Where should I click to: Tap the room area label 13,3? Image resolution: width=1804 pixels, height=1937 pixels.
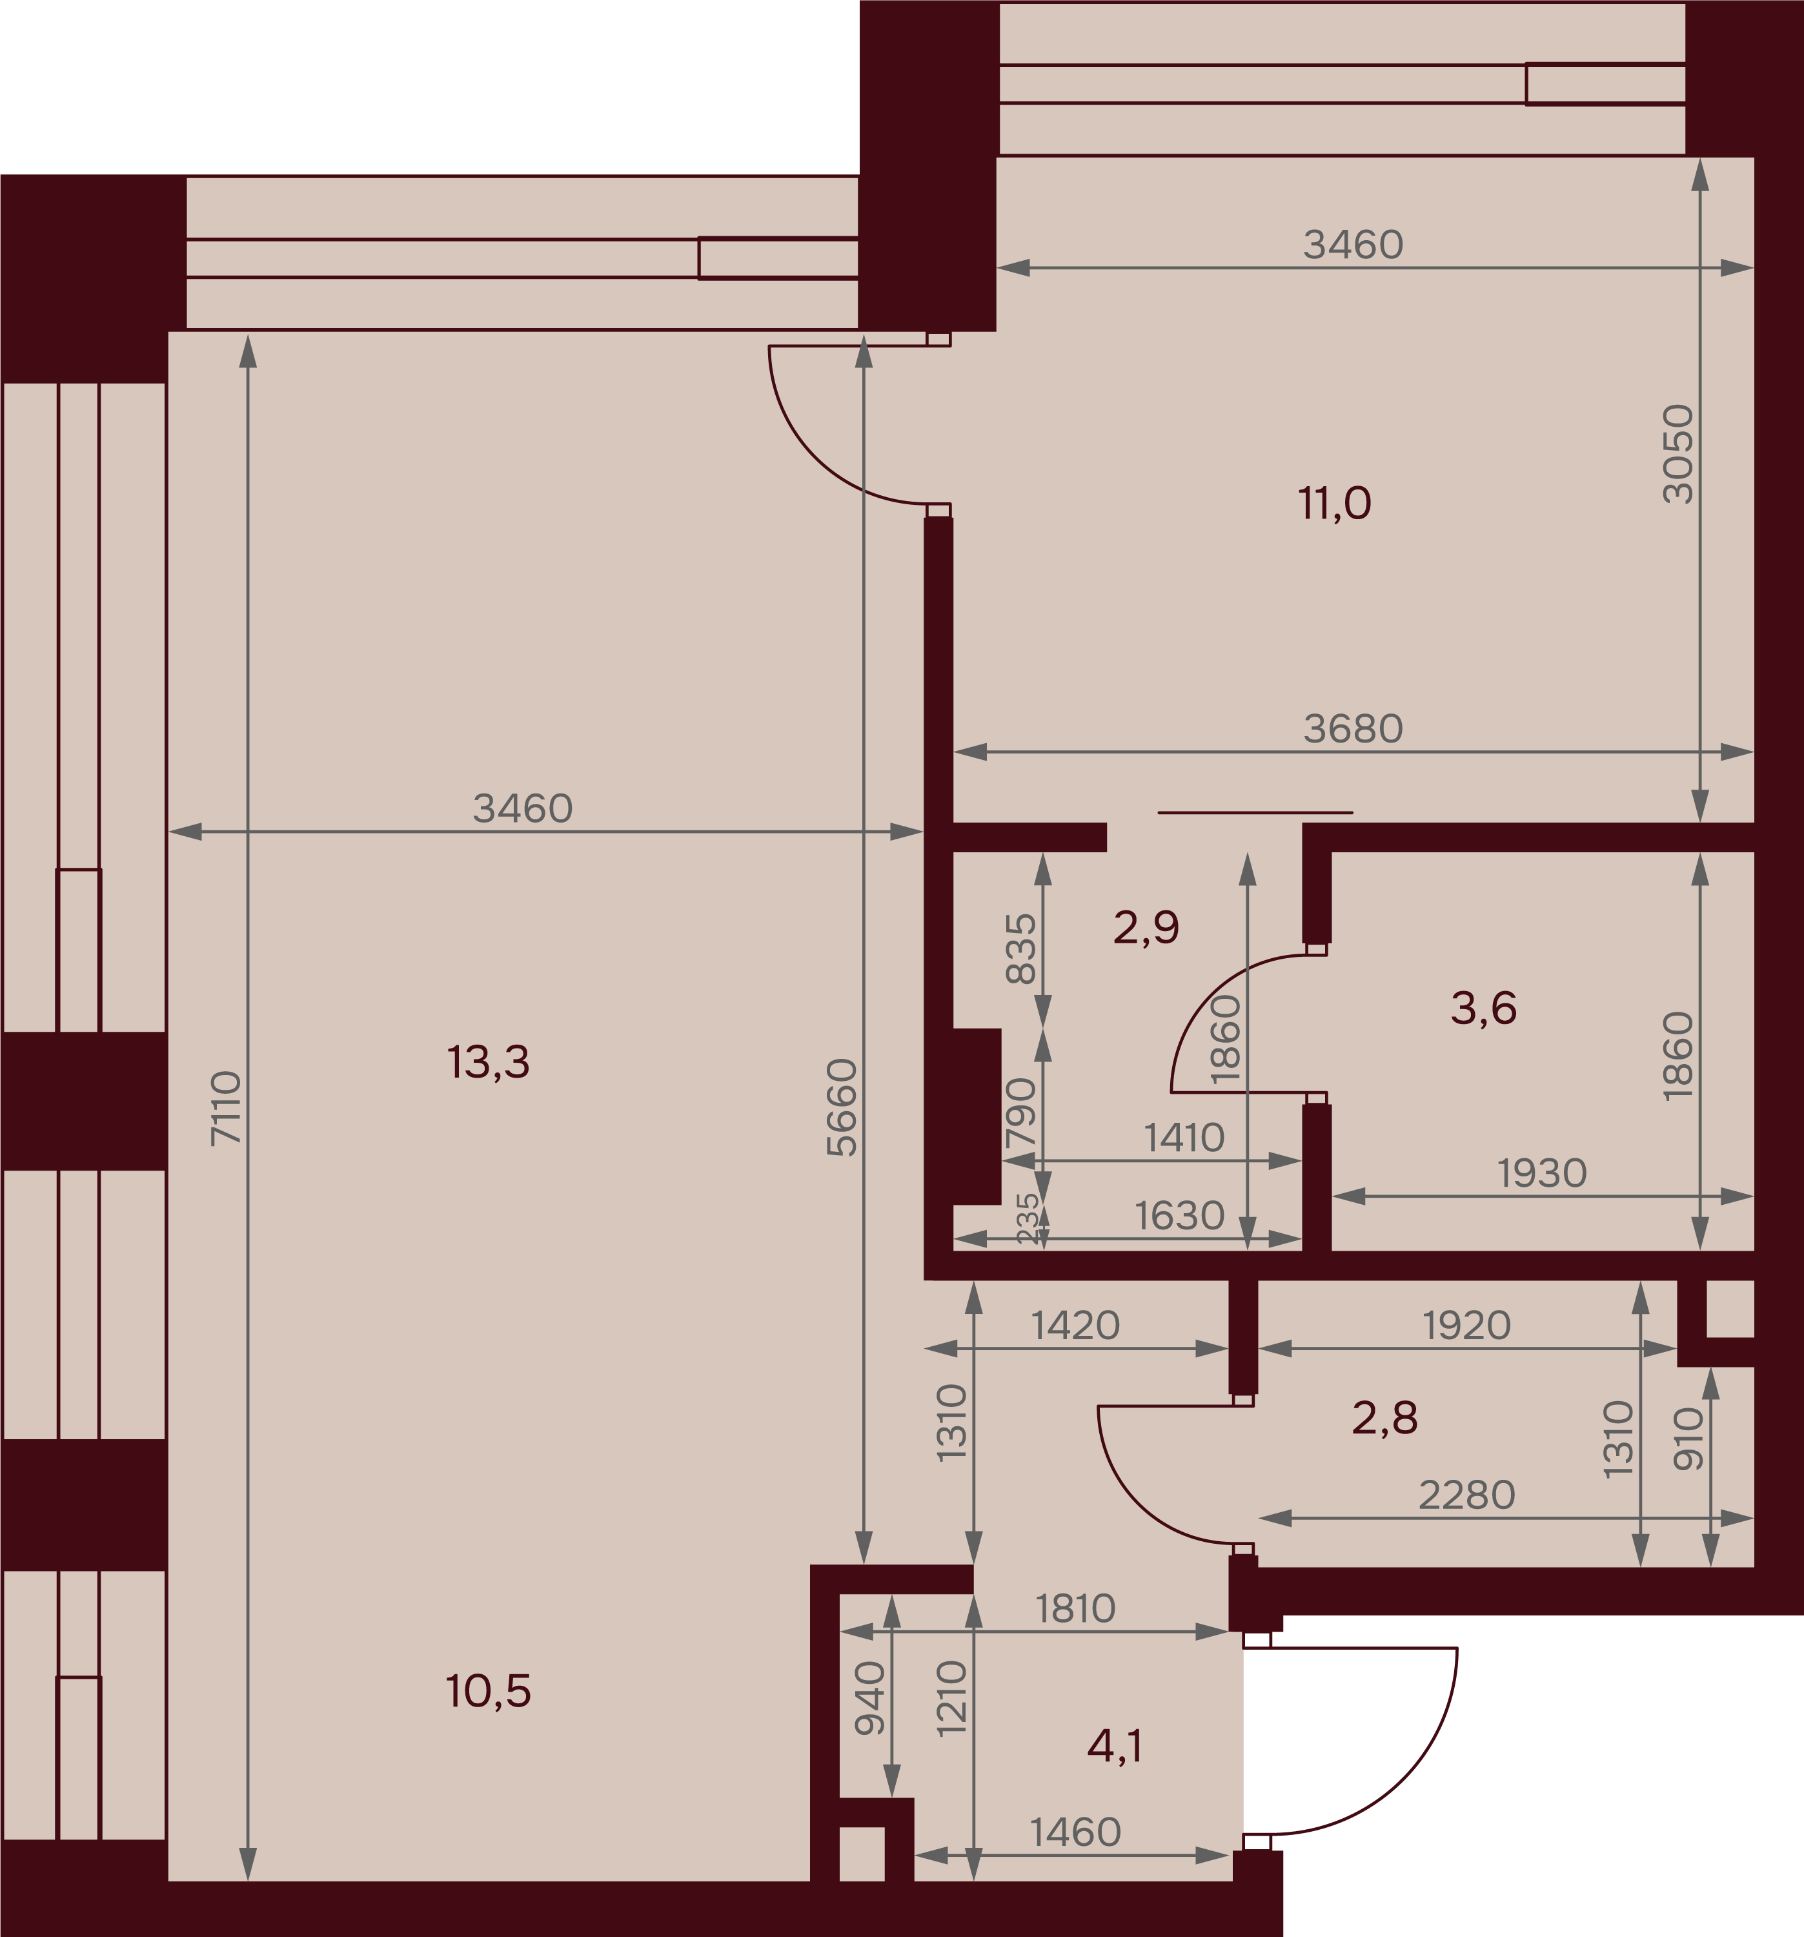pos(488,1062)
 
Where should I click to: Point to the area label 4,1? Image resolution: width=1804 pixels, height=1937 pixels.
pos(1115,1748)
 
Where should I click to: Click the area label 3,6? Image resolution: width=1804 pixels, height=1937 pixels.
pos(1483,1009)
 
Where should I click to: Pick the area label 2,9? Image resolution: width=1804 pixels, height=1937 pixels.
pos(1146,928)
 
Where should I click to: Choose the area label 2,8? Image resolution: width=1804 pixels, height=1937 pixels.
pos(1384,1419)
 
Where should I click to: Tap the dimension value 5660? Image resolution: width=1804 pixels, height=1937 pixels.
pos(842,1108)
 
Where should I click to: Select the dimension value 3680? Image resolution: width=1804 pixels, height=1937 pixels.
pos(1353,729)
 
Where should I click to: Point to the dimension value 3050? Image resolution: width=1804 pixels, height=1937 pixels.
pos(1678,454)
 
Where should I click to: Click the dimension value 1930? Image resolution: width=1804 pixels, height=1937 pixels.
pos(1542,1174)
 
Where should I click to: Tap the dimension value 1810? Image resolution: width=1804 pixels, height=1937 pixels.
pos(1075,1608)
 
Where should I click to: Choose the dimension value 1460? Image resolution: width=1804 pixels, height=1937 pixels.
pos(1075,1833)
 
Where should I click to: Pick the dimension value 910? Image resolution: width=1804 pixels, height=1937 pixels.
pos(1688,1439)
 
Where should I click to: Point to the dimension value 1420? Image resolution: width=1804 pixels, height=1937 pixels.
pos(1075,1325)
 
